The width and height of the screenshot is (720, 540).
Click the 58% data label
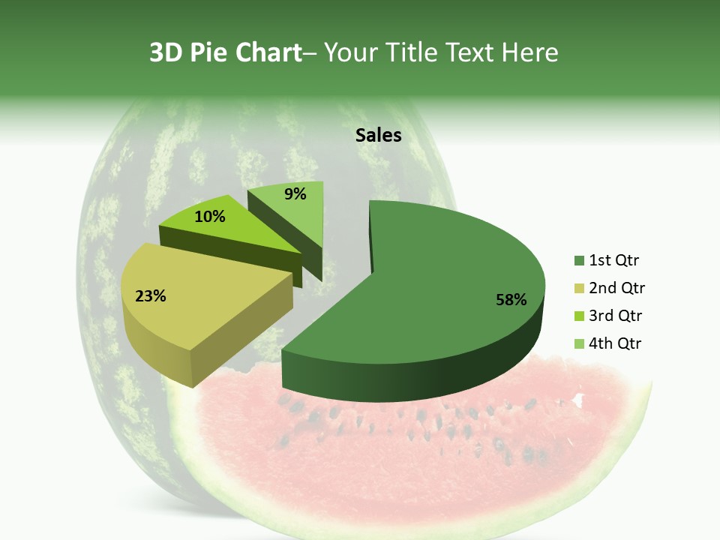click(x=511, y=300)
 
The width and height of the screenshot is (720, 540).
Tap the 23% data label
click(x=150, y=296)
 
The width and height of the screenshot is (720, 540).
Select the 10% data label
click(x=209, y=217)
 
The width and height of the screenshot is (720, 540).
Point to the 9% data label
click(x=295, y=194)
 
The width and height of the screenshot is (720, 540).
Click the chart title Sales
click(x=379, y=136)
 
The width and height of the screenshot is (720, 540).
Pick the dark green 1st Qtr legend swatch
click(x=579, y=261)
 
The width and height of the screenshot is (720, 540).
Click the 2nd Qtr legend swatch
click(x=579, y=289)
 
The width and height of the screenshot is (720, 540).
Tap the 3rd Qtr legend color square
click(x=579, y=316)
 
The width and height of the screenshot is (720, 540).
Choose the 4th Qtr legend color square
click(x=579, y=343)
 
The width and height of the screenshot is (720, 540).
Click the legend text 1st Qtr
click(x=614, y=261)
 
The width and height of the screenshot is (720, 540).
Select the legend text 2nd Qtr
click(x=616, y=289)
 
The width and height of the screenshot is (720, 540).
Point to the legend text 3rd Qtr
click(x=616, y=316)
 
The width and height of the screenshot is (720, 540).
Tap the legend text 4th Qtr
click(x=616, y=343)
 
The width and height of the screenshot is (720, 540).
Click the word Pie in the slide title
click(x=209, y=52)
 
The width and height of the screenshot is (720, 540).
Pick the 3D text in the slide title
click(x=166, y=52)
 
